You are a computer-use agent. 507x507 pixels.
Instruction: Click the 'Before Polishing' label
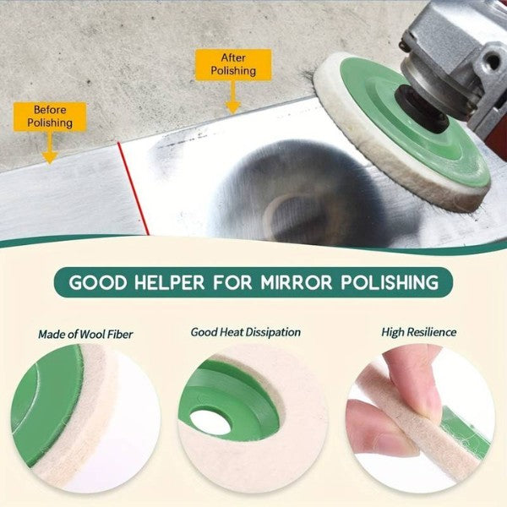point(50,116)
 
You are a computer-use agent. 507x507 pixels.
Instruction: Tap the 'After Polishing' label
point(232,64)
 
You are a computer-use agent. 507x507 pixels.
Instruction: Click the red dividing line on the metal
point(133,188)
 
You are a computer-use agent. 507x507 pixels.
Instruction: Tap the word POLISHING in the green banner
point(391,281)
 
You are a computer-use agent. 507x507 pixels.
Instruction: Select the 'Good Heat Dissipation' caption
point(245,333)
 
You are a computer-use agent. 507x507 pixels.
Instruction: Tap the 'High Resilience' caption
point(418,333)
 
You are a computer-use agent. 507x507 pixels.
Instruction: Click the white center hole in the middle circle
point(210,422)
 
